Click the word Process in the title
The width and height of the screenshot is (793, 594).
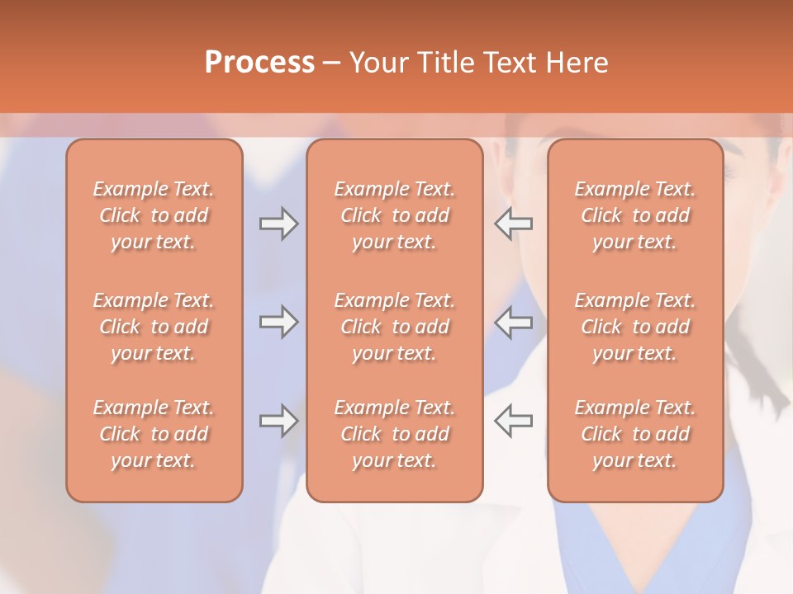[x=259, y=63]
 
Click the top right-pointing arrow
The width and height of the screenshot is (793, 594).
[x=279, y=224]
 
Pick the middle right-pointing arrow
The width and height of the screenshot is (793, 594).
[x=279, y=322]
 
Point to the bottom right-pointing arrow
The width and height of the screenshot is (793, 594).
[x=279, y=421]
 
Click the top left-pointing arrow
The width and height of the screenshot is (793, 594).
[x=514, y=224]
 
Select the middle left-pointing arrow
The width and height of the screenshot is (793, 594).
[x=514, y=322]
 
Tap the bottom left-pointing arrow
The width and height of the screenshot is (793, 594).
[x=514, y=421]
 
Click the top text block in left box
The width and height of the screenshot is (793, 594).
[x=154, y=215]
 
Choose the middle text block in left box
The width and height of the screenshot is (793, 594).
[x=154, y=327]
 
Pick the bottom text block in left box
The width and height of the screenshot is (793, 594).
[x=154, y=434]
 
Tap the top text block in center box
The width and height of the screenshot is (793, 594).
[x=394, y=215]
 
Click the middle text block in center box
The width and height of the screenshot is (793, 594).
[x=394, y=327]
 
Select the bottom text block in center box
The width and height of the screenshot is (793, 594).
[x=394, y=434]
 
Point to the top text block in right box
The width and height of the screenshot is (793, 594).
[x=635, y=215]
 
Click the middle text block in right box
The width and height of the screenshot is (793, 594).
[x=635, y=327]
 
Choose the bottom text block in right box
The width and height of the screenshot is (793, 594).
[x=635, y=434]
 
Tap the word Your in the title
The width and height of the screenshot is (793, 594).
[x=379, y=63]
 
